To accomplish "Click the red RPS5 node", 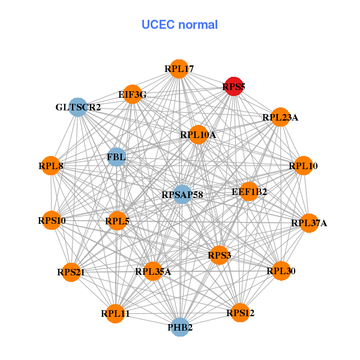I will (233, 86).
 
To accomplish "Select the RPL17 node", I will (178, 70).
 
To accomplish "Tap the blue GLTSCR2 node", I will (79, 107).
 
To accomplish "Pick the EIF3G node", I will (132, 95).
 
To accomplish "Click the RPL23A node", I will (280, 118).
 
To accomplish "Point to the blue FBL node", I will (116, 157).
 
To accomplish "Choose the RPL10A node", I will (198, 135).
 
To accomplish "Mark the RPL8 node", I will (51, 166).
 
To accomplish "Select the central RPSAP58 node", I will (182, 194).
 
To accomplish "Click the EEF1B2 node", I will (249, 192).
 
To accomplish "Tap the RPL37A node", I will (309, 223).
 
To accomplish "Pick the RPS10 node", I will (52, 221).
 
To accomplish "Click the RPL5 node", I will (117, 221).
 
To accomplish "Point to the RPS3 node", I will (219, 256).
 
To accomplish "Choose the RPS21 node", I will (71, 272).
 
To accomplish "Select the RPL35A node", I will (153, 272).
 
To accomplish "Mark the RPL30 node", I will (281, 271).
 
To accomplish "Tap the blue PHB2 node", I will (180, 328).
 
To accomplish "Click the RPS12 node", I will (240, 313).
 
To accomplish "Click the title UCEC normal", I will (179, 25).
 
